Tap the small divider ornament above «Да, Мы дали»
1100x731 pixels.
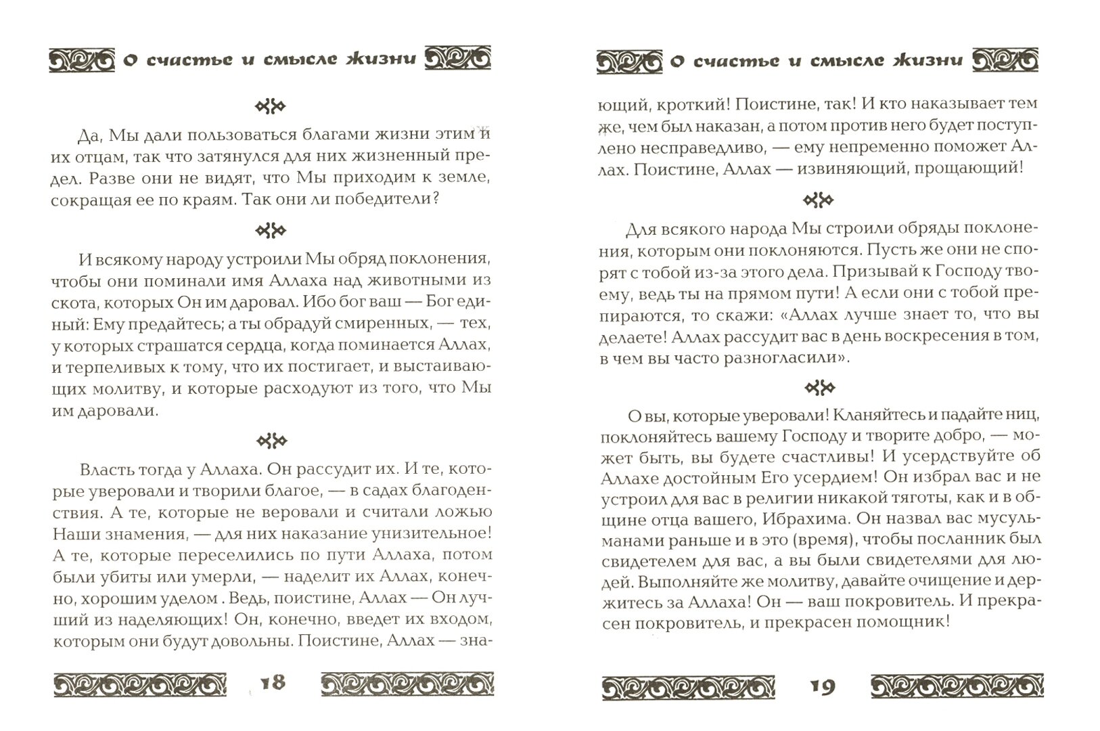tap(271, 106)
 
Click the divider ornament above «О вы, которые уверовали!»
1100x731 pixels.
tap(819, 388)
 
